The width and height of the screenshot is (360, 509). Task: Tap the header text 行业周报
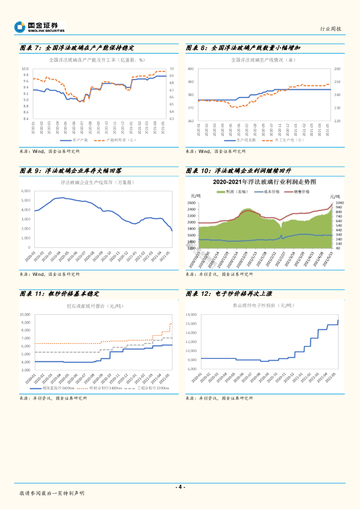331,29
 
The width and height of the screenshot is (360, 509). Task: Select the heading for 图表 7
77,48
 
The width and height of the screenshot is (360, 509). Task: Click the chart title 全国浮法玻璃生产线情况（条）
264,60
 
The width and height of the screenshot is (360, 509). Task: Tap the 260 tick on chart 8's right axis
337,69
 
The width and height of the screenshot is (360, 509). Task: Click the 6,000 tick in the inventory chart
25,191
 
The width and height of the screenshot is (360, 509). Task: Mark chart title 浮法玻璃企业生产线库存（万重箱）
97,182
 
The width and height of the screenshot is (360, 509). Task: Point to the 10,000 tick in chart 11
25,314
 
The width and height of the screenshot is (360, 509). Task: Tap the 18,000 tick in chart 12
191,315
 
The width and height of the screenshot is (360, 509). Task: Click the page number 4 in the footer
180,487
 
